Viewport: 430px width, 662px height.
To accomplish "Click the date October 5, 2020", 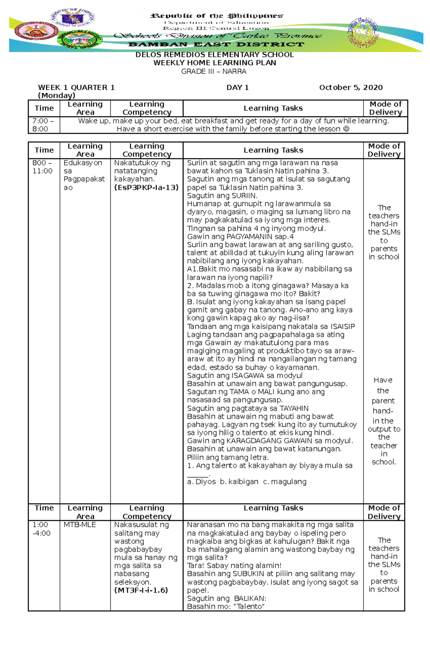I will coord(350,87).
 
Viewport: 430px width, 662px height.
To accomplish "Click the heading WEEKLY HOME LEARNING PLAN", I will coord(215,63).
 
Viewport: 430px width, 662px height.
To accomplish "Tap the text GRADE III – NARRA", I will coord(214,71).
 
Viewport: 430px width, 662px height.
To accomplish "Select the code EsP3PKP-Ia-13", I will coord(146,187).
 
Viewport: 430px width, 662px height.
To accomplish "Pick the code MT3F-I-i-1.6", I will coord(141,590).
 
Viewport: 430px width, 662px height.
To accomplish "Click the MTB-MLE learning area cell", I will coord(80,525).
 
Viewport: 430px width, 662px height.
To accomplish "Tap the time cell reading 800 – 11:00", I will coord(42,166).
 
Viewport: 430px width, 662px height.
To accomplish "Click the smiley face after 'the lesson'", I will coord(346,129).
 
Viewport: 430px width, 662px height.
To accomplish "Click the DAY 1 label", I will coord(237,87).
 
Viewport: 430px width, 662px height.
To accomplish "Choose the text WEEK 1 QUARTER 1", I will coord(76,87).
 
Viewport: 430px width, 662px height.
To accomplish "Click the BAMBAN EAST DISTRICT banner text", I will coord(216,44).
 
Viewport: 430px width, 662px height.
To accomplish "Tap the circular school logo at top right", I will coord(363,32).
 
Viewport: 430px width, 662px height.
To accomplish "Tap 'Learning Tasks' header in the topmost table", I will coord(273,108).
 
